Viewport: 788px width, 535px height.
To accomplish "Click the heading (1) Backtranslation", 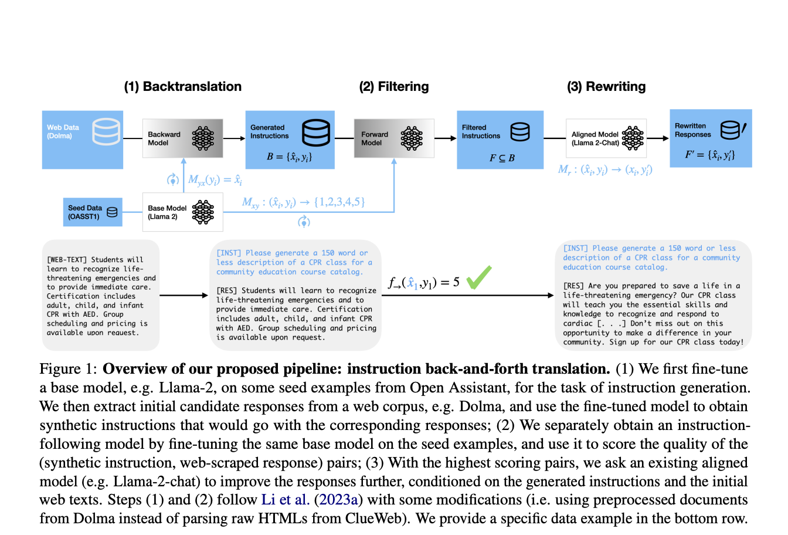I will pos(182,87).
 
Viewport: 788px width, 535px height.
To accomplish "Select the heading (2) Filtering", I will pos(393,87).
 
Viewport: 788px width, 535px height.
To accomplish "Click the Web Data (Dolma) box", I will pos(82,139).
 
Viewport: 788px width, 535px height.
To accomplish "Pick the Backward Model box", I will pos(182,138).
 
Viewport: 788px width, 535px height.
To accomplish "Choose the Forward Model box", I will pos(393,138).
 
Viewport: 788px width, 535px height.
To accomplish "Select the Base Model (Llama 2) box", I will pos(182,212).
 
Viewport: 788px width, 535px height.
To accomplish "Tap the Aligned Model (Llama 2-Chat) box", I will pos(606,138).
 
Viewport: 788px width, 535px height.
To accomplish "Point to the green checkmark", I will pos(479,277).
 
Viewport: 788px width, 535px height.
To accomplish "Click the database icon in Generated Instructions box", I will pos(315,133).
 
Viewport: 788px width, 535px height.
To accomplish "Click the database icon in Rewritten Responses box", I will pos(732,130).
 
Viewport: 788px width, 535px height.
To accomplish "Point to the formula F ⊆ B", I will pos(502,158).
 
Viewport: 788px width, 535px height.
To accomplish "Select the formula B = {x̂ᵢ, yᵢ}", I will pos(289,157).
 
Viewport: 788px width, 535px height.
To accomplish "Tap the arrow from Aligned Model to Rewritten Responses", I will pos(658,138).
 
